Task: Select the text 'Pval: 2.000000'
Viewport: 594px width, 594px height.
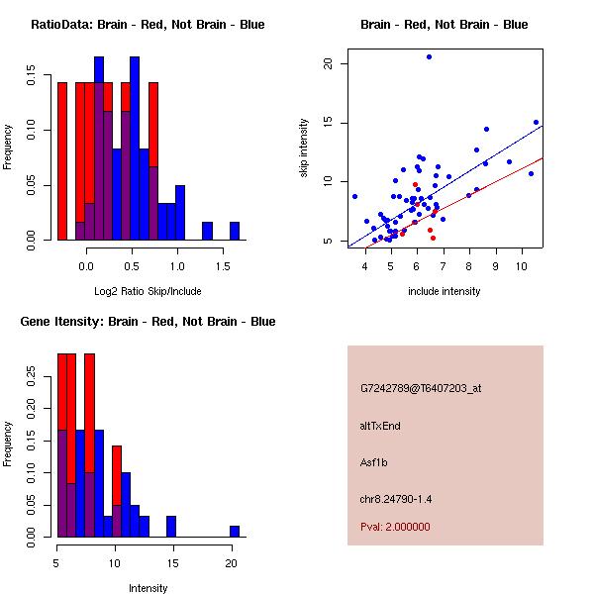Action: [395, 527]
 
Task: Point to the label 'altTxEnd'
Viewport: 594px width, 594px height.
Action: [380, 425]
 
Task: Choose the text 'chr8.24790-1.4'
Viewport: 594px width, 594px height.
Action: [396, 498]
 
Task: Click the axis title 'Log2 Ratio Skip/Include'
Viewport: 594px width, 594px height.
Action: [148, 291]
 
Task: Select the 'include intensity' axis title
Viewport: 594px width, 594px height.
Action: [445, 291]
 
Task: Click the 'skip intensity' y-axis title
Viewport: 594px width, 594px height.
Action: [304, 148]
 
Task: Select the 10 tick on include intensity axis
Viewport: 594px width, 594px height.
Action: [522, 263]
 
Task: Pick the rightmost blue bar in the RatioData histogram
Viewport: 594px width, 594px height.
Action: [235, 231]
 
